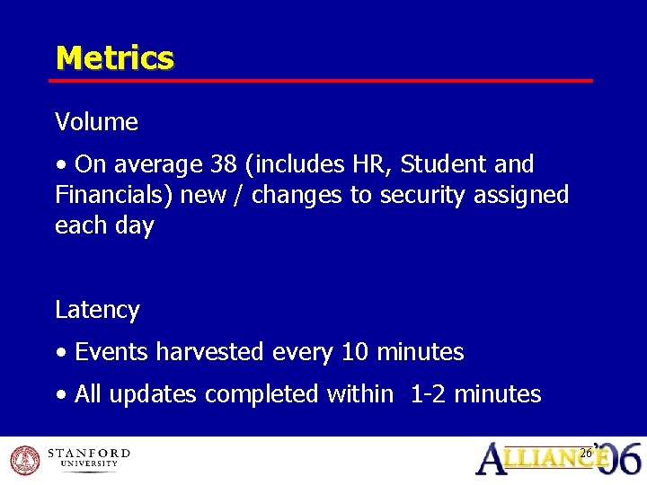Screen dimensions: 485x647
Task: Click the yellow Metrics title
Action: [114, 58]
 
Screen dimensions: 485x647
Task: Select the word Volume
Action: [96, 122]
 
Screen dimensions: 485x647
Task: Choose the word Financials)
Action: [114, 195]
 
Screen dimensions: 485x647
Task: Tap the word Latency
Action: [97, 310]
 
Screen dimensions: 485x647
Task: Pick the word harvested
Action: [208, 352]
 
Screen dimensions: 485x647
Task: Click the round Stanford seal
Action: [23, 459]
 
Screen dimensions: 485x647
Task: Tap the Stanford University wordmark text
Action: [88, 458]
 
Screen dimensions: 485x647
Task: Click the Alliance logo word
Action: [544, 460]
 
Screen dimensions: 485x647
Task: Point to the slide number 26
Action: [586, 453]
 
